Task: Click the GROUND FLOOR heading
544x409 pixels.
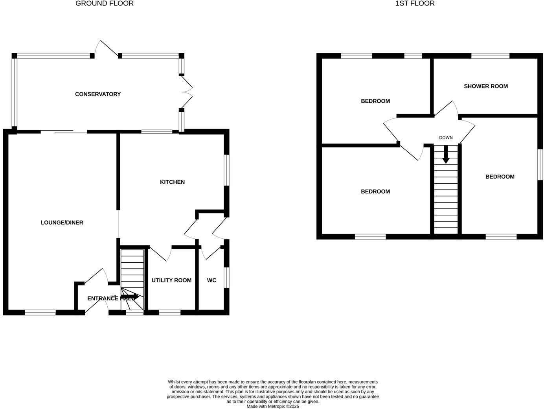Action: (105, 4)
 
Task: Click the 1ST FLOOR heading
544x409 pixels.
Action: (415, 4)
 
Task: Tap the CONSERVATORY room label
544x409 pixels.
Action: (98, 94)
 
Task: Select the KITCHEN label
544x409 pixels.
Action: (172, 182)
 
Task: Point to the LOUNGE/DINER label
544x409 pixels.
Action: (62, 223)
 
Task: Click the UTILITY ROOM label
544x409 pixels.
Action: (171, 280)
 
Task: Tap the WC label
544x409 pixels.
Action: (211, 280)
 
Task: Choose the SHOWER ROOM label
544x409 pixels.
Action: (486, 86)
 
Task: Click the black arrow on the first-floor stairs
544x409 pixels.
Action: (446, 155)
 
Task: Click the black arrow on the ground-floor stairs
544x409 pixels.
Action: (130, 297)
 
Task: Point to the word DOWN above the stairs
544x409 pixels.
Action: (446, 138)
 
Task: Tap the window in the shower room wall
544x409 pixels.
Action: (490, 56)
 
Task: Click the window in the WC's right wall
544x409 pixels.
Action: (227, 277)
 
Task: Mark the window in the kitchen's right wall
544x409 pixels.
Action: (227, 169)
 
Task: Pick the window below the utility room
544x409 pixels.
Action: (170, 313)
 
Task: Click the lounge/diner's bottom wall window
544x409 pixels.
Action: (40, 313)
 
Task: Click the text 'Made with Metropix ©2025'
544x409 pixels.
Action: (273, 407)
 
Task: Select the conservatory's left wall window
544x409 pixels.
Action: (15, 92)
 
